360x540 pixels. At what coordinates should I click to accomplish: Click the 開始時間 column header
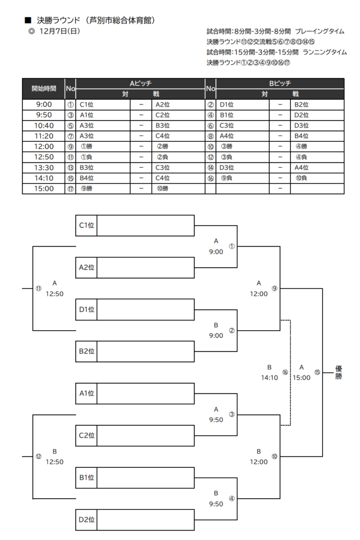click(43, 88)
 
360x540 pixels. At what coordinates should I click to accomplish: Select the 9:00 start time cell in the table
click(43, 104)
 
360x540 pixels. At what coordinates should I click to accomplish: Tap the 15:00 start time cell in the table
click(43, 188)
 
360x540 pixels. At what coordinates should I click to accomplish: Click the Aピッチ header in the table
click(141, 83)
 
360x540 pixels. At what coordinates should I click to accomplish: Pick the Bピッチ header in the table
click(280, 83)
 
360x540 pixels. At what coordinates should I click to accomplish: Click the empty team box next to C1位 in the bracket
click(145, 225)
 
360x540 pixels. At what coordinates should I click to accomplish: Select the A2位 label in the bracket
click(86, 267)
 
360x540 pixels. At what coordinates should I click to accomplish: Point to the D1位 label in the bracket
click(86, 310)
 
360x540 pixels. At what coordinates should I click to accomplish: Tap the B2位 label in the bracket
click(86, 351)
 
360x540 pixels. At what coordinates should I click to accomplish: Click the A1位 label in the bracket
click(86, 393)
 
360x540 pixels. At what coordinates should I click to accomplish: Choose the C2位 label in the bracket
click(86, 435)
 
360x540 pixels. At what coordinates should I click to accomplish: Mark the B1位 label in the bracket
click(86, 477)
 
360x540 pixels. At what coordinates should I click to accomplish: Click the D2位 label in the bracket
click(86, 519)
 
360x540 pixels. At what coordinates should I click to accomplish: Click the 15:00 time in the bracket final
click(301, 378)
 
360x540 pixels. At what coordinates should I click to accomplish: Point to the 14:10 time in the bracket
click(269, 378)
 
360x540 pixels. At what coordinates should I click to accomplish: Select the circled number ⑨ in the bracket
click(274, 288)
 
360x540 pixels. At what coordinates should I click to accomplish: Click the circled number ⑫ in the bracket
click(38, 456)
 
